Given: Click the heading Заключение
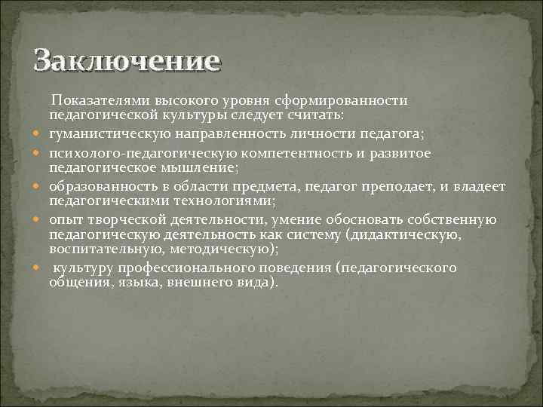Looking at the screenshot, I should pyautogui.click(x=127, y=61).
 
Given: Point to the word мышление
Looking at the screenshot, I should pyautogui.click(x=204, y=167).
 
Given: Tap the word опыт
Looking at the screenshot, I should pyautogui.click(x=63, y=219).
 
